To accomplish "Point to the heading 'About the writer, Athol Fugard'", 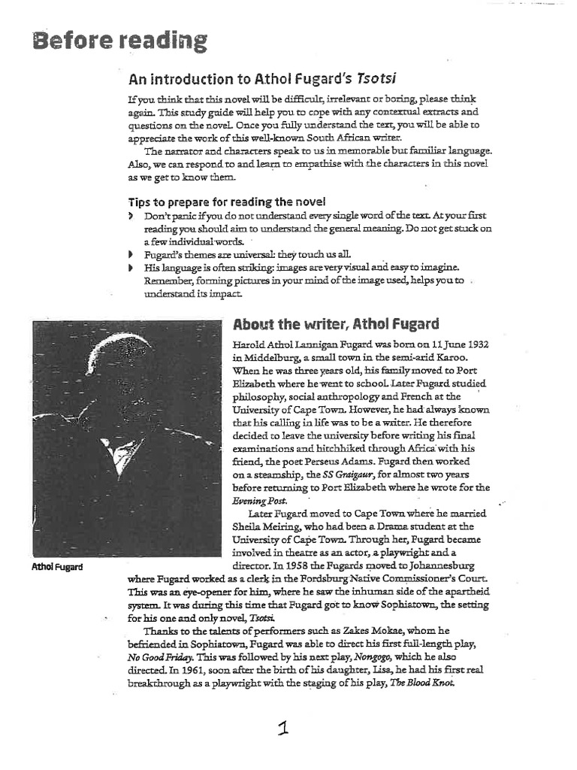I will pos(336,325).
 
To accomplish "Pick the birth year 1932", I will pos(475,344).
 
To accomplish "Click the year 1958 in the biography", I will pos(318,567).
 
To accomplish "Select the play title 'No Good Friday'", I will pos(161,656).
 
